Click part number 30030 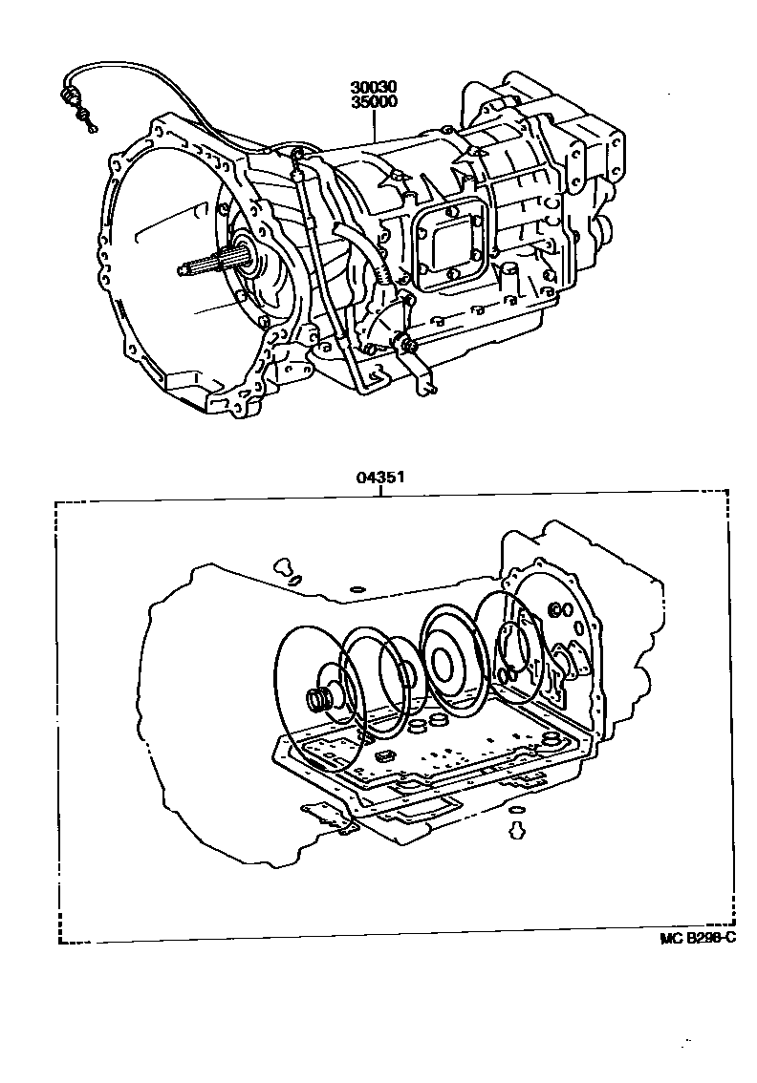pos(371,87)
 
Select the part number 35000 pos(371,101)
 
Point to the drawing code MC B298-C pos(697,937)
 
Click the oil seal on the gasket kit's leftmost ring pos(317,700)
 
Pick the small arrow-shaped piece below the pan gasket pos(517,828)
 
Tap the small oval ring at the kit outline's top pos(357,589)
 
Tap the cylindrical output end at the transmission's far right pos(603,229)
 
